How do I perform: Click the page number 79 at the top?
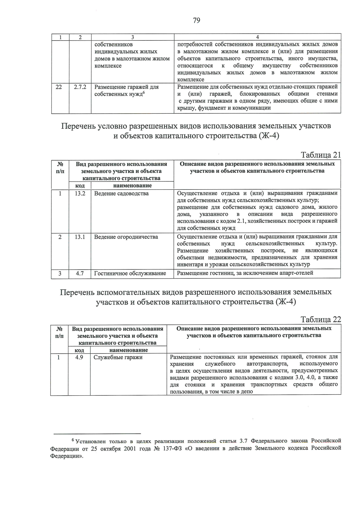(196, 20)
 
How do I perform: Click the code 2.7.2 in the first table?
(80, 87)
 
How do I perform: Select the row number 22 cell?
(59, 87)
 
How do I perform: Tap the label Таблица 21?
(321, 155)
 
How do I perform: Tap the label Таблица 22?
(321, 319)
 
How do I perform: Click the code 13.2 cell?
(80, 193)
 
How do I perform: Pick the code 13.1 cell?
(80, 237)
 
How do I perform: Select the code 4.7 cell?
(80, 274)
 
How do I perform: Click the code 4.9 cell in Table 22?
(79, 357)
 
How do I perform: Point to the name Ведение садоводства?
(121, 193)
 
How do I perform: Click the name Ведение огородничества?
(126, 237)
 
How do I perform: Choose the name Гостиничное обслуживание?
(130, 274)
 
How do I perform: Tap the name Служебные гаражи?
(118, 357)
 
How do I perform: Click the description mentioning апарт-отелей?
(245, 273)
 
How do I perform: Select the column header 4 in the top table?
(257, 37)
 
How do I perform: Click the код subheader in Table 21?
(79, 186)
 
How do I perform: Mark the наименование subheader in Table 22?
(128, 350)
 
